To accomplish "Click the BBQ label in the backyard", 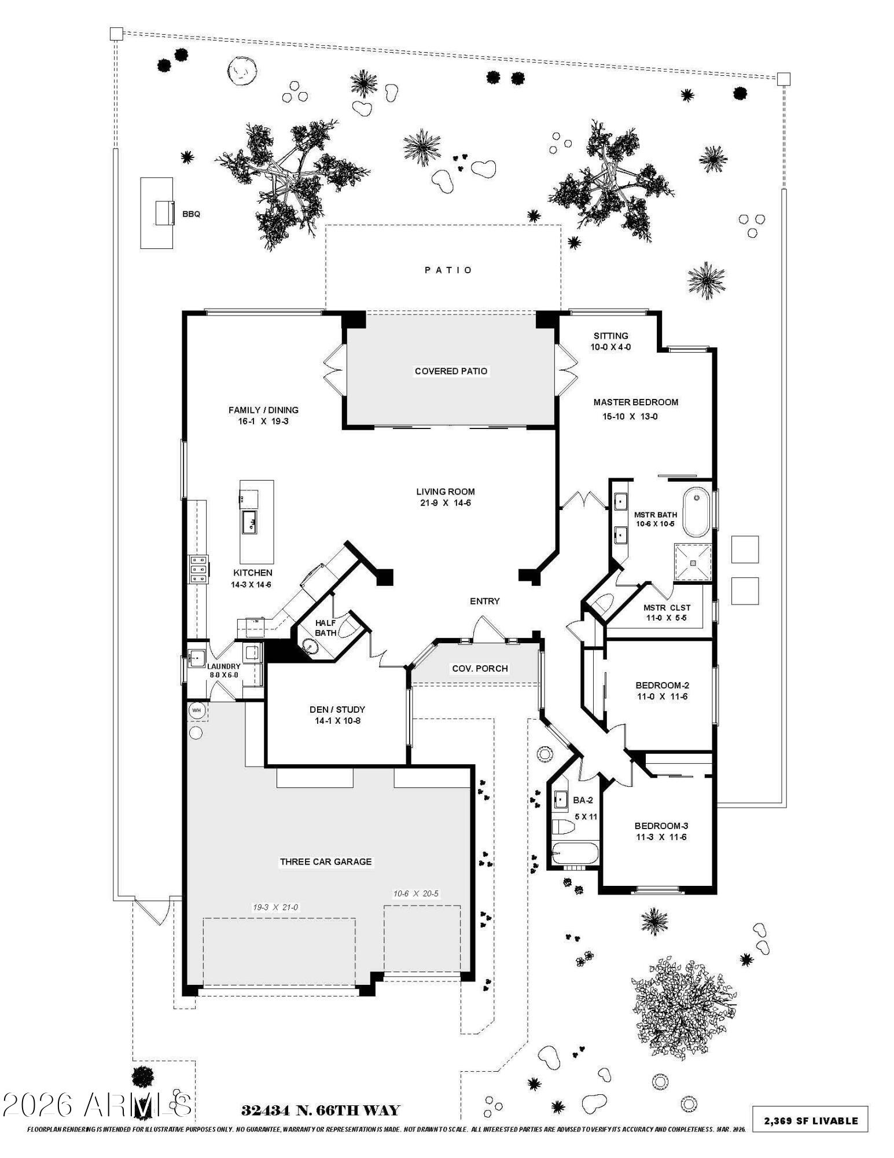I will point(191,214).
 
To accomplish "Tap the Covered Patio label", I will point(451,371).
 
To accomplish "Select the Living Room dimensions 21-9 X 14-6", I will point(445,503).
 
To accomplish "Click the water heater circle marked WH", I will point(197,710).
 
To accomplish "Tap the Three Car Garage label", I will point(326,862).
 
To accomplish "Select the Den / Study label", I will point(337,709).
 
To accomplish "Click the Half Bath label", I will point(326,628).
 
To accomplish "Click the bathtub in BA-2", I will point(573,854).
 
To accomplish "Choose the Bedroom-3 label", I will point(661,826).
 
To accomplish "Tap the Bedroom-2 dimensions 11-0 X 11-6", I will point(662,697).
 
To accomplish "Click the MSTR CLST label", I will point(667,607).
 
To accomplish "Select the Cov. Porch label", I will point(480,669).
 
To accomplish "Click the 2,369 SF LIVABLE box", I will point(810,1120).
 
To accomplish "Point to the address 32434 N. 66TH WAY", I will point(320,1111).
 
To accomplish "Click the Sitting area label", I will point(610,336).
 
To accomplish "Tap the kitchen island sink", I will point(249,522).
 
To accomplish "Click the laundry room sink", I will point(196,658).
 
